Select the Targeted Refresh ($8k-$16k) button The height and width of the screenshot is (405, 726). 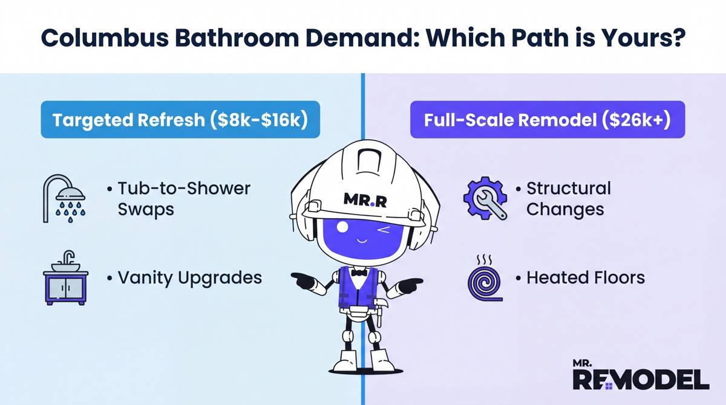180,119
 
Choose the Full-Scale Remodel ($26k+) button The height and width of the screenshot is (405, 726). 547,119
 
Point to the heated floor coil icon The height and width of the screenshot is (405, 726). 483,279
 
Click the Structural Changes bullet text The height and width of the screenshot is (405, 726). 567,198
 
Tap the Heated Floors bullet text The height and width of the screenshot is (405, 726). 584,277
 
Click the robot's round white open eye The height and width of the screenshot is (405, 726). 342,228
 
